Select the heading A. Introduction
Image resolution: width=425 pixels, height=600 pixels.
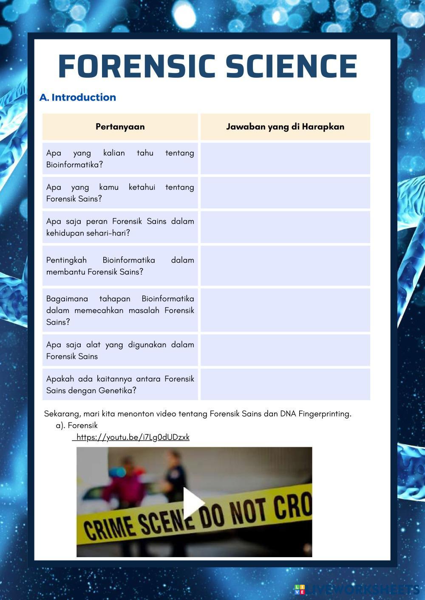tap(78, 97)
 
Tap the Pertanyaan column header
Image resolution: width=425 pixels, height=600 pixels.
tap(120, 126)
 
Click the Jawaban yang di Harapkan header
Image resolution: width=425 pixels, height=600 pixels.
tap(285, 126)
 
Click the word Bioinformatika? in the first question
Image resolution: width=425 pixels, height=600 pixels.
tap(74, 165)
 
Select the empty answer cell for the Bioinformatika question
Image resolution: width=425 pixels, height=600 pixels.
tap(285, 158)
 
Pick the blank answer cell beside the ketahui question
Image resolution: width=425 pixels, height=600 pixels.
tap(285, 193)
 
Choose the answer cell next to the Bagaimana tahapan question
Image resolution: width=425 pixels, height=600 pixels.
tap(285, 310)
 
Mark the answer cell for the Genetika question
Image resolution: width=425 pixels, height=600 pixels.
tap(285, 384)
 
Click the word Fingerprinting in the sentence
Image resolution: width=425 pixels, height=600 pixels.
tap(324, 414)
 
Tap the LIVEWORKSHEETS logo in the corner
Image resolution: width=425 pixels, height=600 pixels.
tap(357, 589)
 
